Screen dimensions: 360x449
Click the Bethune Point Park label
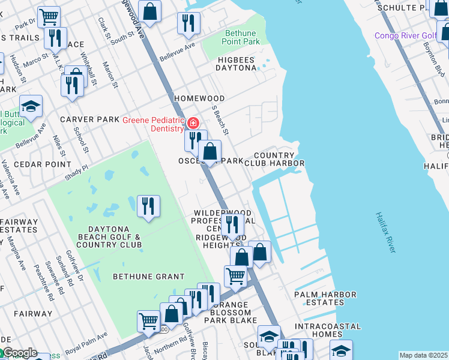pos(242,37)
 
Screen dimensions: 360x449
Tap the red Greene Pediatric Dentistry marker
pos(193,124)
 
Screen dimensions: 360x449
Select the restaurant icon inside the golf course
pos(148,206)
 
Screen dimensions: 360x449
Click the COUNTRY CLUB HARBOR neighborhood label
pos(279,159)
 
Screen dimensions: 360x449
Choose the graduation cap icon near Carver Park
pos(31,106)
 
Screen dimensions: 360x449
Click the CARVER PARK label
pos(89,119)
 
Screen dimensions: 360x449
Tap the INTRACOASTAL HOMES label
pos(328,330)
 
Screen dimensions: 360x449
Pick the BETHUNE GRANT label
pos(148,277)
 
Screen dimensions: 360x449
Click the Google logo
pos(19,353)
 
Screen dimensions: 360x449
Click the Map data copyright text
pos(423,355)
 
